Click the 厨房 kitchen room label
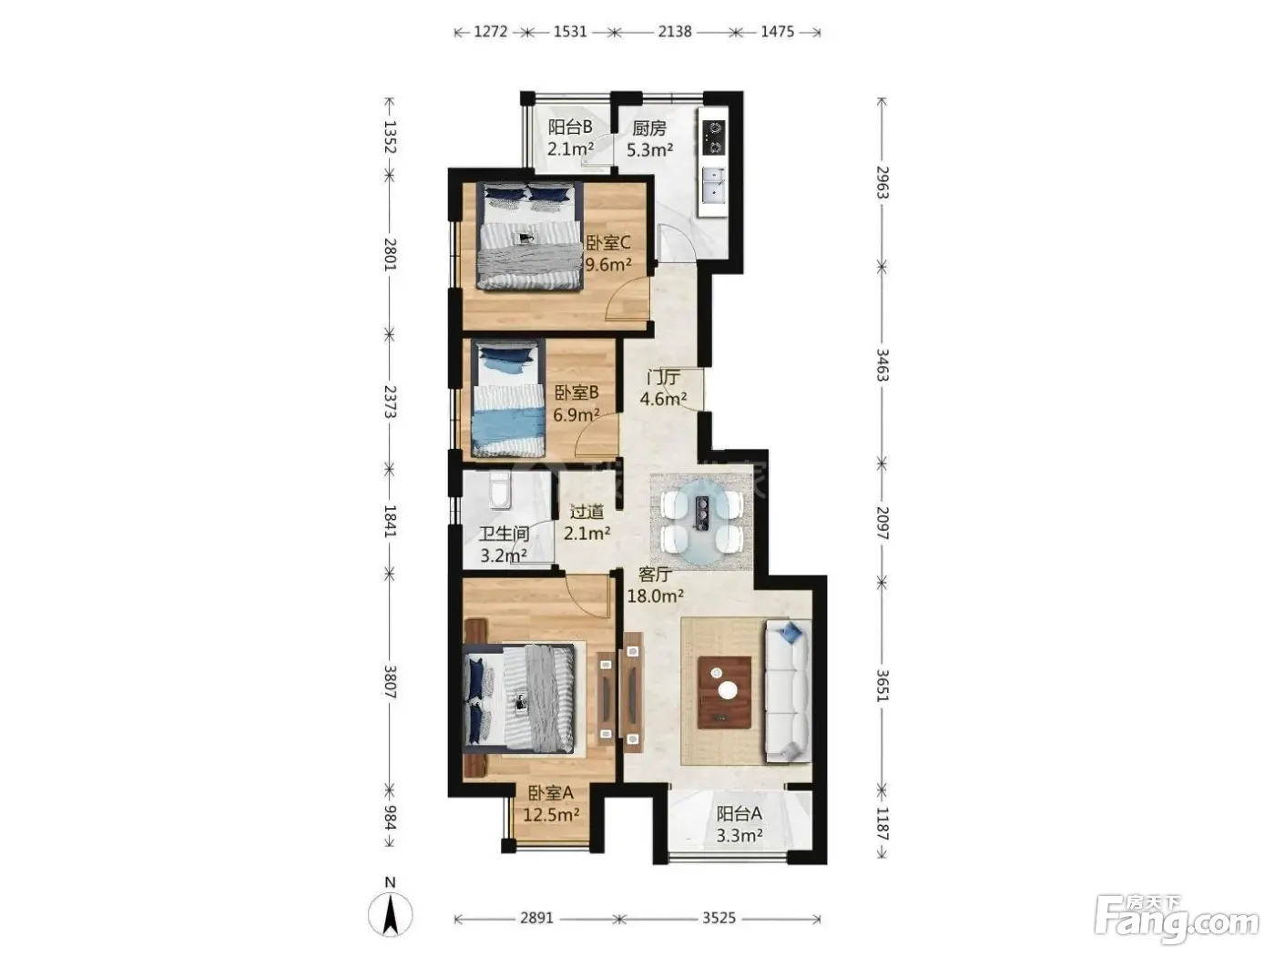pos(648,128)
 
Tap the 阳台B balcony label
pos(570,127)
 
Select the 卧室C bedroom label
pos(607,242)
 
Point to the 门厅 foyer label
pos(663,378)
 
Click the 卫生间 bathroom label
pos(504,534)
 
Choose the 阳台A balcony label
pos(739,813)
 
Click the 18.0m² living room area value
pos(655,596)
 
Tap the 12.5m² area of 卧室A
pos(551,815)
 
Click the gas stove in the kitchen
pos(714,137)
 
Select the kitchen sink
pos(714,185)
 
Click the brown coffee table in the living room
pos(724,692)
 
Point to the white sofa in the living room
pos(788,690)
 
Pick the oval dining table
pos(702,523)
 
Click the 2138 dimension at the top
pos(675,31)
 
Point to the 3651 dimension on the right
pos(882,686)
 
